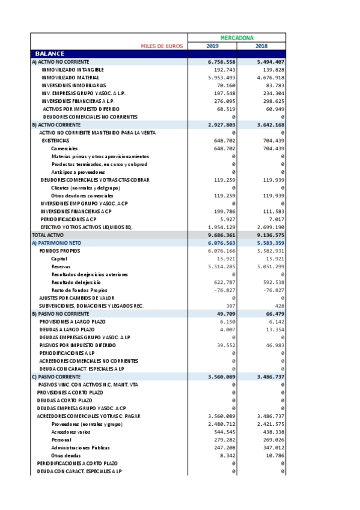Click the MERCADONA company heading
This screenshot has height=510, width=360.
click(x=236, y=37)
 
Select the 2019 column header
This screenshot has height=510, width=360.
click(x=212, y=46)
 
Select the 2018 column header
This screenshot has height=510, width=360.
click(x=261, y=46)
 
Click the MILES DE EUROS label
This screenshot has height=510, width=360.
click(x=162, y=46)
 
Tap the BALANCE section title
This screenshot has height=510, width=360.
click(x=49, y=54)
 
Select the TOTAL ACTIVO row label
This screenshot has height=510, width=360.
click(x=47, y=235)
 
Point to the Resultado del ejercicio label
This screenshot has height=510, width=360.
click(x=76, y=282)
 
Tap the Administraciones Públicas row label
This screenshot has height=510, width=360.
click(x=81, y=447)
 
